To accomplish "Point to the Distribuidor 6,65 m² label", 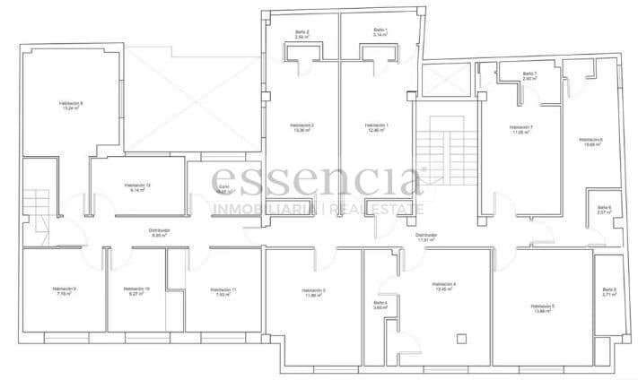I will tap(159, 232).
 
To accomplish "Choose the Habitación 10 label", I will tap(137, 290).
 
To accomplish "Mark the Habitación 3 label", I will tap(312, 292).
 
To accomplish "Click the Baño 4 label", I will tap(380, 305).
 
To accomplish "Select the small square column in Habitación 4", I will tap(461, 338).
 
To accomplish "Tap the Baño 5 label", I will tap(609, 291).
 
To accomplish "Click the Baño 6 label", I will tap(604, 210).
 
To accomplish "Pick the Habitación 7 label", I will tap(520, 129).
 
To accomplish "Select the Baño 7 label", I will tap(529, 76).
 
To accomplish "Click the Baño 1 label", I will tap(380, 32).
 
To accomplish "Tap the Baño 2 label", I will tap(302, 34).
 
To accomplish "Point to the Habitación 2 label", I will tap(302, 127).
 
